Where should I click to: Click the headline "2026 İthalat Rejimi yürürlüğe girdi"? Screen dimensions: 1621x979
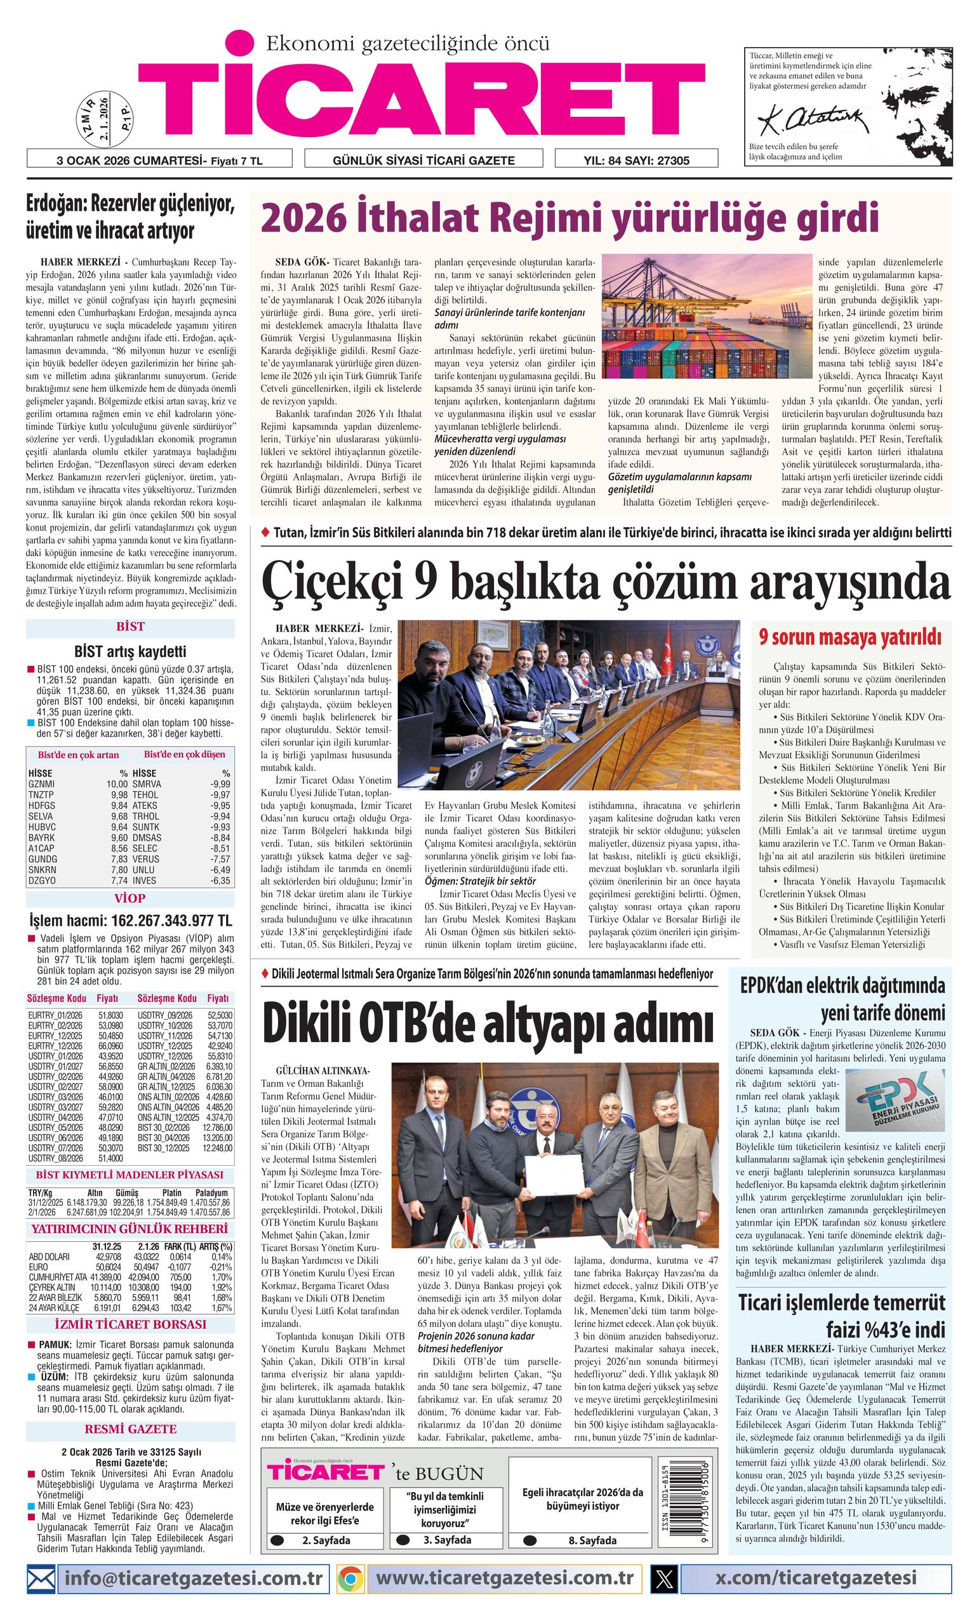tap(569, 219)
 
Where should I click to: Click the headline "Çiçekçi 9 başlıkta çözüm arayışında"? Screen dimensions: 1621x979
tap(605, 583)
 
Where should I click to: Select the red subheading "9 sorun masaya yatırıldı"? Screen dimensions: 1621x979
tap(849, 637)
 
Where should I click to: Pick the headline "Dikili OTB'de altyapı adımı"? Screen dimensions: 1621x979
tap(488, 1023)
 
